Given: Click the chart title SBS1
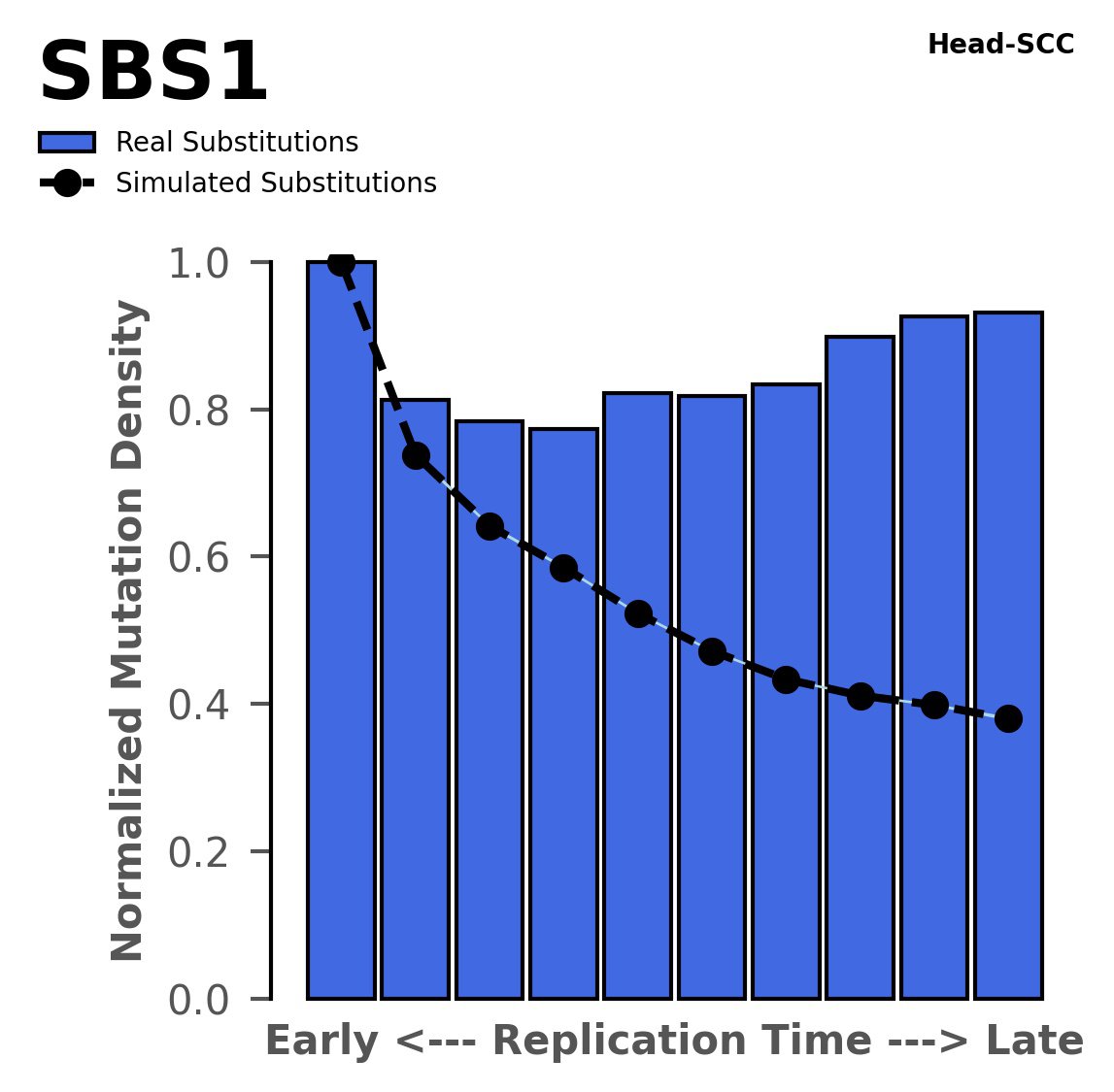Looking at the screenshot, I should click(x=153, y=74).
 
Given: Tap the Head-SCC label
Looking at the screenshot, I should click(x=1000, y=45).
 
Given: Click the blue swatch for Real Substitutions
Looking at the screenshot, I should click(x=66, y=143).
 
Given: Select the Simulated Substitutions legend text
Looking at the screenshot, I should click(x=276, y=183).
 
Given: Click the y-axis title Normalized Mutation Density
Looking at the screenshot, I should click(x=128, y=631).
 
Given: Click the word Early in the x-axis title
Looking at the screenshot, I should click(x=321, y=1042).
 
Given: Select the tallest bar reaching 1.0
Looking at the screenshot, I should click(x=341, y=631).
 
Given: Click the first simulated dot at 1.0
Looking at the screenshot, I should click(x=341, y=262).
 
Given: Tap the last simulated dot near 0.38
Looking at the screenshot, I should click(x=1008, y=719).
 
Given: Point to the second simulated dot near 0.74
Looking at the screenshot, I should click(x=416, y=456).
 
